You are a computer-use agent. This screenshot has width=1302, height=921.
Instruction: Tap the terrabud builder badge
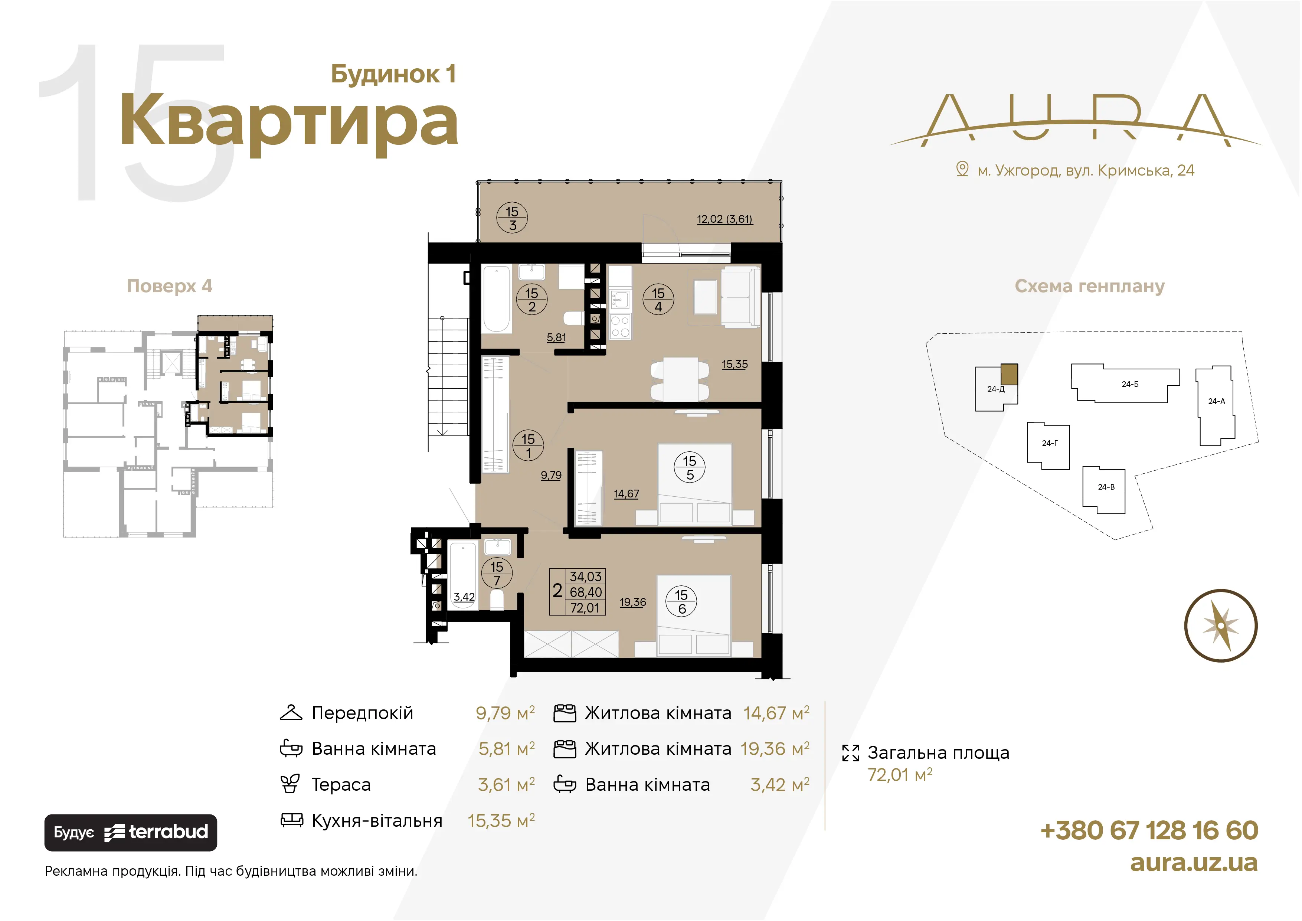click(131, 833)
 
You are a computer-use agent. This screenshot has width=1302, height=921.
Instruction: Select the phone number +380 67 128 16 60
click(1149, 830)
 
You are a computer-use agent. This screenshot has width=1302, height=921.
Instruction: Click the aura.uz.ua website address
click(1194, 863)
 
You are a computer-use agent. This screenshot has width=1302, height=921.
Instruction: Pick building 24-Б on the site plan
click(1126, 383)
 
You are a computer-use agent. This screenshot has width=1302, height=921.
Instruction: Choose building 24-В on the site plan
click(1103, 489)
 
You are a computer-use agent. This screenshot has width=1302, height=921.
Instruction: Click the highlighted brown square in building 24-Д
click(1009, 374)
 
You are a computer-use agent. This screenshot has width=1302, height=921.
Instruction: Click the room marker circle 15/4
click(658, 300)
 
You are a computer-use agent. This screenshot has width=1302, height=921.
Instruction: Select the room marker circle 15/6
click(681, 602)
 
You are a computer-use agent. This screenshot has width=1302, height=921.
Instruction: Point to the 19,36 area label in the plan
click(633, 602)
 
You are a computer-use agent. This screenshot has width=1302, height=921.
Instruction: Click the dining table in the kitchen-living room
click(680, 379)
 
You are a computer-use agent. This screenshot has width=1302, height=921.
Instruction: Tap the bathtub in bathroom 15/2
click(496, 299)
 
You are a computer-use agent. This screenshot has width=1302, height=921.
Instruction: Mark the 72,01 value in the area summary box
click(585, 608)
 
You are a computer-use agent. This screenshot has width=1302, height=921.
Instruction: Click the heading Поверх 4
click(170, 286)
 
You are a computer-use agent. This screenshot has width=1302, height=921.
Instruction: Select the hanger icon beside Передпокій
click(291, 713)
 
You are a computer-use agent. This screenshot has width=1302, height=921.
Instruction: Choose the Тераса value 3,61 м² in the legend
click(506, 784)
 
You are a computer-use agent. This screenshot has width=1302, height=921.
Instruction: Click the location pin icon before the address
click(962, 169)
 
